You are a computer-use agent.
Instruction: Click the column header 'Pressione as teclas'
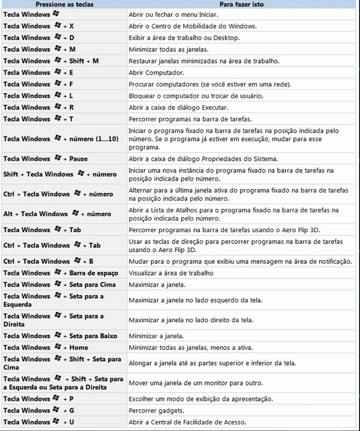[64, 5]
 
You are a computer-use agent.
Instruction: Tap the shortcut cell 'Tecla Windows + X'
[39, 26]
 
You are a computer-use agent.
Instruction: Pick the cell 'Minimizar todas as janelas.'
[170, 49]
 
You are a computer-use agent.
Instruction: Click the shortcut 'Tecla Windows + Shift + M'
[51, 61]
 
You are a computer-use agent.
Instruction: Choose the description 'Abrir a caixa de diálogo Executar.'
[178, 107]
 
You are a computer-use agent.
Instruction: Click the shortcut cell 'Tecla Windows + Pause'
[45, 159]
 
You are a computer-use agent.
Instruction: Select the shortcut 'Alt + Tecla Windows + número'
[57, 214]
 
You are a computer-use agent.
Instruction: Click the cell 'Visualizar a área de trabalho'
[171, 273]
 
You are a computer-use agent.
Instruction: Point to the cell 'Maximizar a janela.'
[157, 285]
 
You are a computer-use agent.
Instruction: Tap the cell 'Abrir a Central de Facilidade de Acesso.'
[188, 422]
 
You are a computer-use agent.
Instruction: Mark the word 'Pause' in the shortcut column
[79, 159]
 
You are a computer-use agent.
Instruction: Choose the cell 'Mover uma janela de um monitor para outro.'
[196, 383]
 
